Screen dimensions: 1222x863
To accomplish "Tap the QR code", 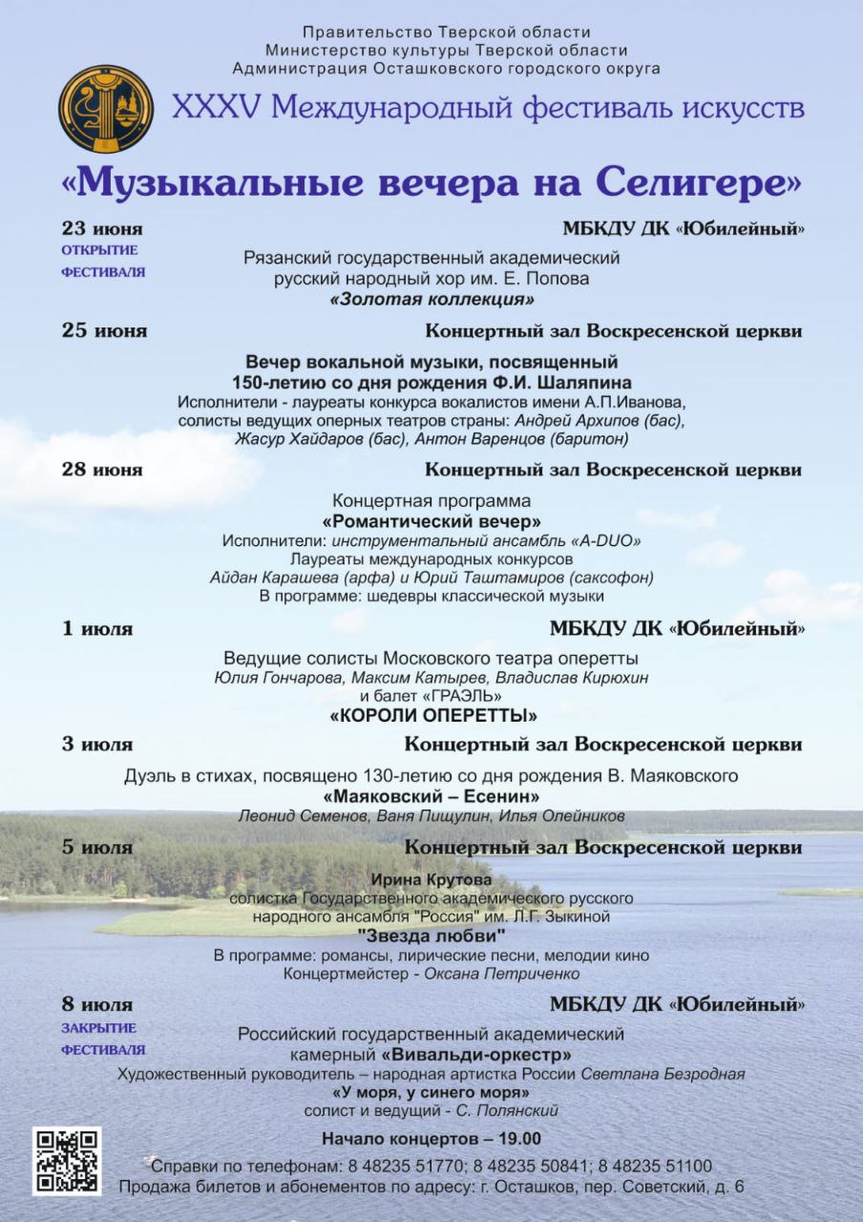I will tap(67, 1161).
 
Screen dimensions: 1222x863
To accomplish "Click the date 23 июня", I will tap(102, 229).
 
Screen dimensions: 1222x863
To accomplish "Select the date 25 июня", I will tap(104, 331).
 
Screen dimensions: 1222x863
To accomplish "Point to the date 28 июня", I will tap(102, 470).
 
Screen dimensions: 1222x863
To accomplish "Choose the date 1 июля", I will tap(97, 629).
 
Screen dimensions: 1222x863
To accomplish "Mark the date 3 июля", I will tap(97, 745).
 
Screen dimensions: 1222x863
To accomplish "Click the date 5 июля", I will tap(97, 847).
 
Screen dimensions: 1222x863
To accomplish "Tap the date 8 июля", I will tap(97, 1004).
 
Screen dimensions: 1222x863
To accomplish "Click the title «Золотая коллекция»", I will tap(431, 300).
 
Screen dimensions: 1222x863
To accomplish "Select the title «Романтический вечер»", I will tap(431, 522).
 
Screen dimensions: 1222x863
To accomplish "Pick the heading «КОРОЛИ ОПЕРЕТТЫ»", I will tap(433, 715).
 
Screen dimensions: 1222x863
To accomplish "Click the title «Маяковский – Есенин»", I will tap(431, 796).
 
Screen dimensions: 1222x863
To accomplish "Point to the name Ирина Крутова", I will tap(431, 879).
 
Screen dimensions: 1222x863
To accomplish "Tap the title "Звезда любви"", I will tap(431, 936).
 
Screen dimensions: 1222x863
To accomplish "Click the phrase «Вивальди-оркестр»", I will tap(476, 1055).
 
